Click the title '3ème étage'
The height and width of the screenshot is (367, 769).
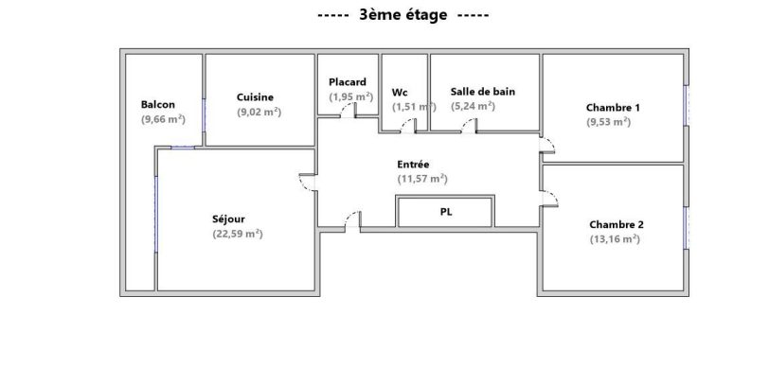(402, 15)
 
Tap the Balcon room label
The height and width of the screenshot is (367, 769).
(157, 104)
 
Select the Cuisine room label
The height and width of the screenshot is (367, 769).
(256, 96)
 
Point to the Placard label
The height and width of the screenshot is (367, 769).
(348, 81)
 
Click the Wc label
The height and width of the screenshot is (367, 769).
(400, 92)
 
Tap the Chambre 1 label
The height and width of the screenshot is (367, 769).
(614, 107)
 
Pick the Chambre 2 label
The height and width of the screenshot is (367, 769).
(617, 224)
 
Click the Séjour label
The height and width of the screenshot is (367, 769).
(229, 218)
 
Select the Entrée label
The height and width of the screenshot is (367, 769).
(413, 164)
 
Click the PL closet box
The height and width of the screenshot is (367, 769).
(445, 212)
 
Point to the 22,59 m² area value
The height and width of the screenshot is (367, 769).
(238, 234)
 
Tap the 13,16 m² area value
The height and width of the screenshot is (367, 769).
(615, 239)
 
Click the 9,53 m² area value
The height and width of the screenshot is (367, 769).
(609, 122)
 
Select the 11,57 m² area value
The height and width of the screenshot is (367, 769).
(422, 178)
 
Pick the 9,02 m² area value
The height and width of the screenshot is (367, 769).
(259, 112)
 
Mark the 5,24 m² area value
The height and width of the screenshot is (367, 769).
(473, 106)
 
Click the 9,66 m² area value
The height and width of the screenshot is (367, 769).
(162, 119)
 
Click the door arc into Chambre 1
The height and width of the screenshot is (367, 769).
(547, 146)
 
